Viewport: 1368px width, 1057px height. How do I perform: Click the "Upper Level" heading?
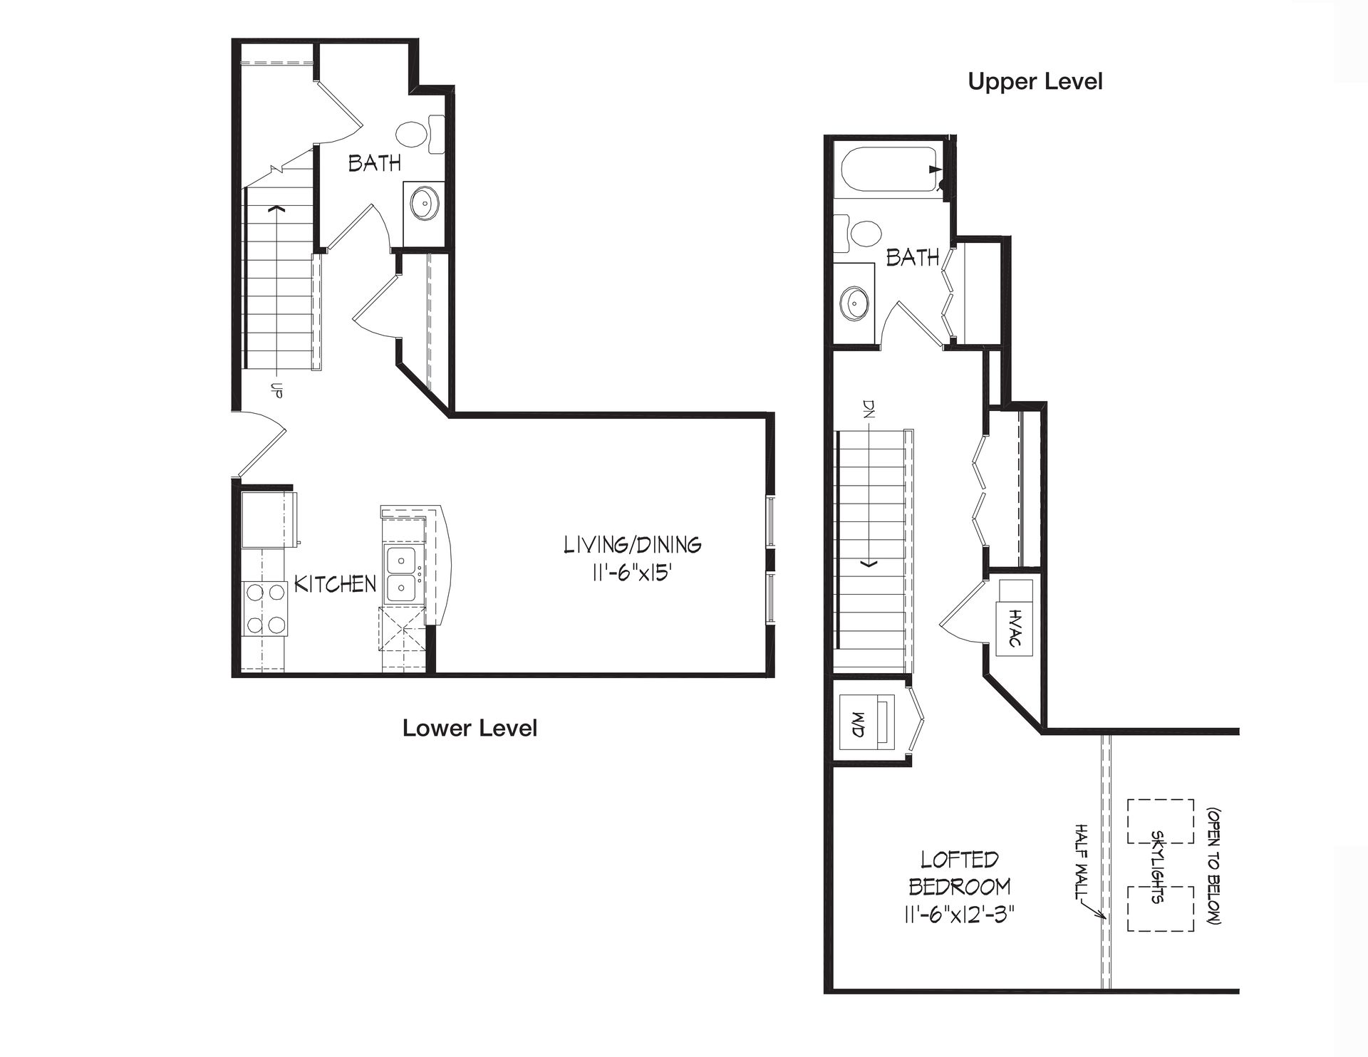(1035, 82)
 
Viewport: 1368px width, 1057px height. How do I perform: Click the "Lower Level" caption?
(470, 728)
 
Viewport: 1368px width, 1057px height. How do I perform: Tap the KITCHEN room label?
(335, 584)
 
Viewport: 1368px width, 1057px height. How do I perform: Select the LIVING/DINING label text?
(633, 545)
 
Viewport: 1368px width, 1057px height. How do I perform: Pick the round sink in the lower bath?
(425, 204)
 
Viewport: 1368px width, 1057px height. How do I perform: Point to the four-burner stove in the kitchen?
(266, 609)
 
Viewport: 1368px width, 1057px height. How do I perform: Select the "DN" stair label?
(869, 409)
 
